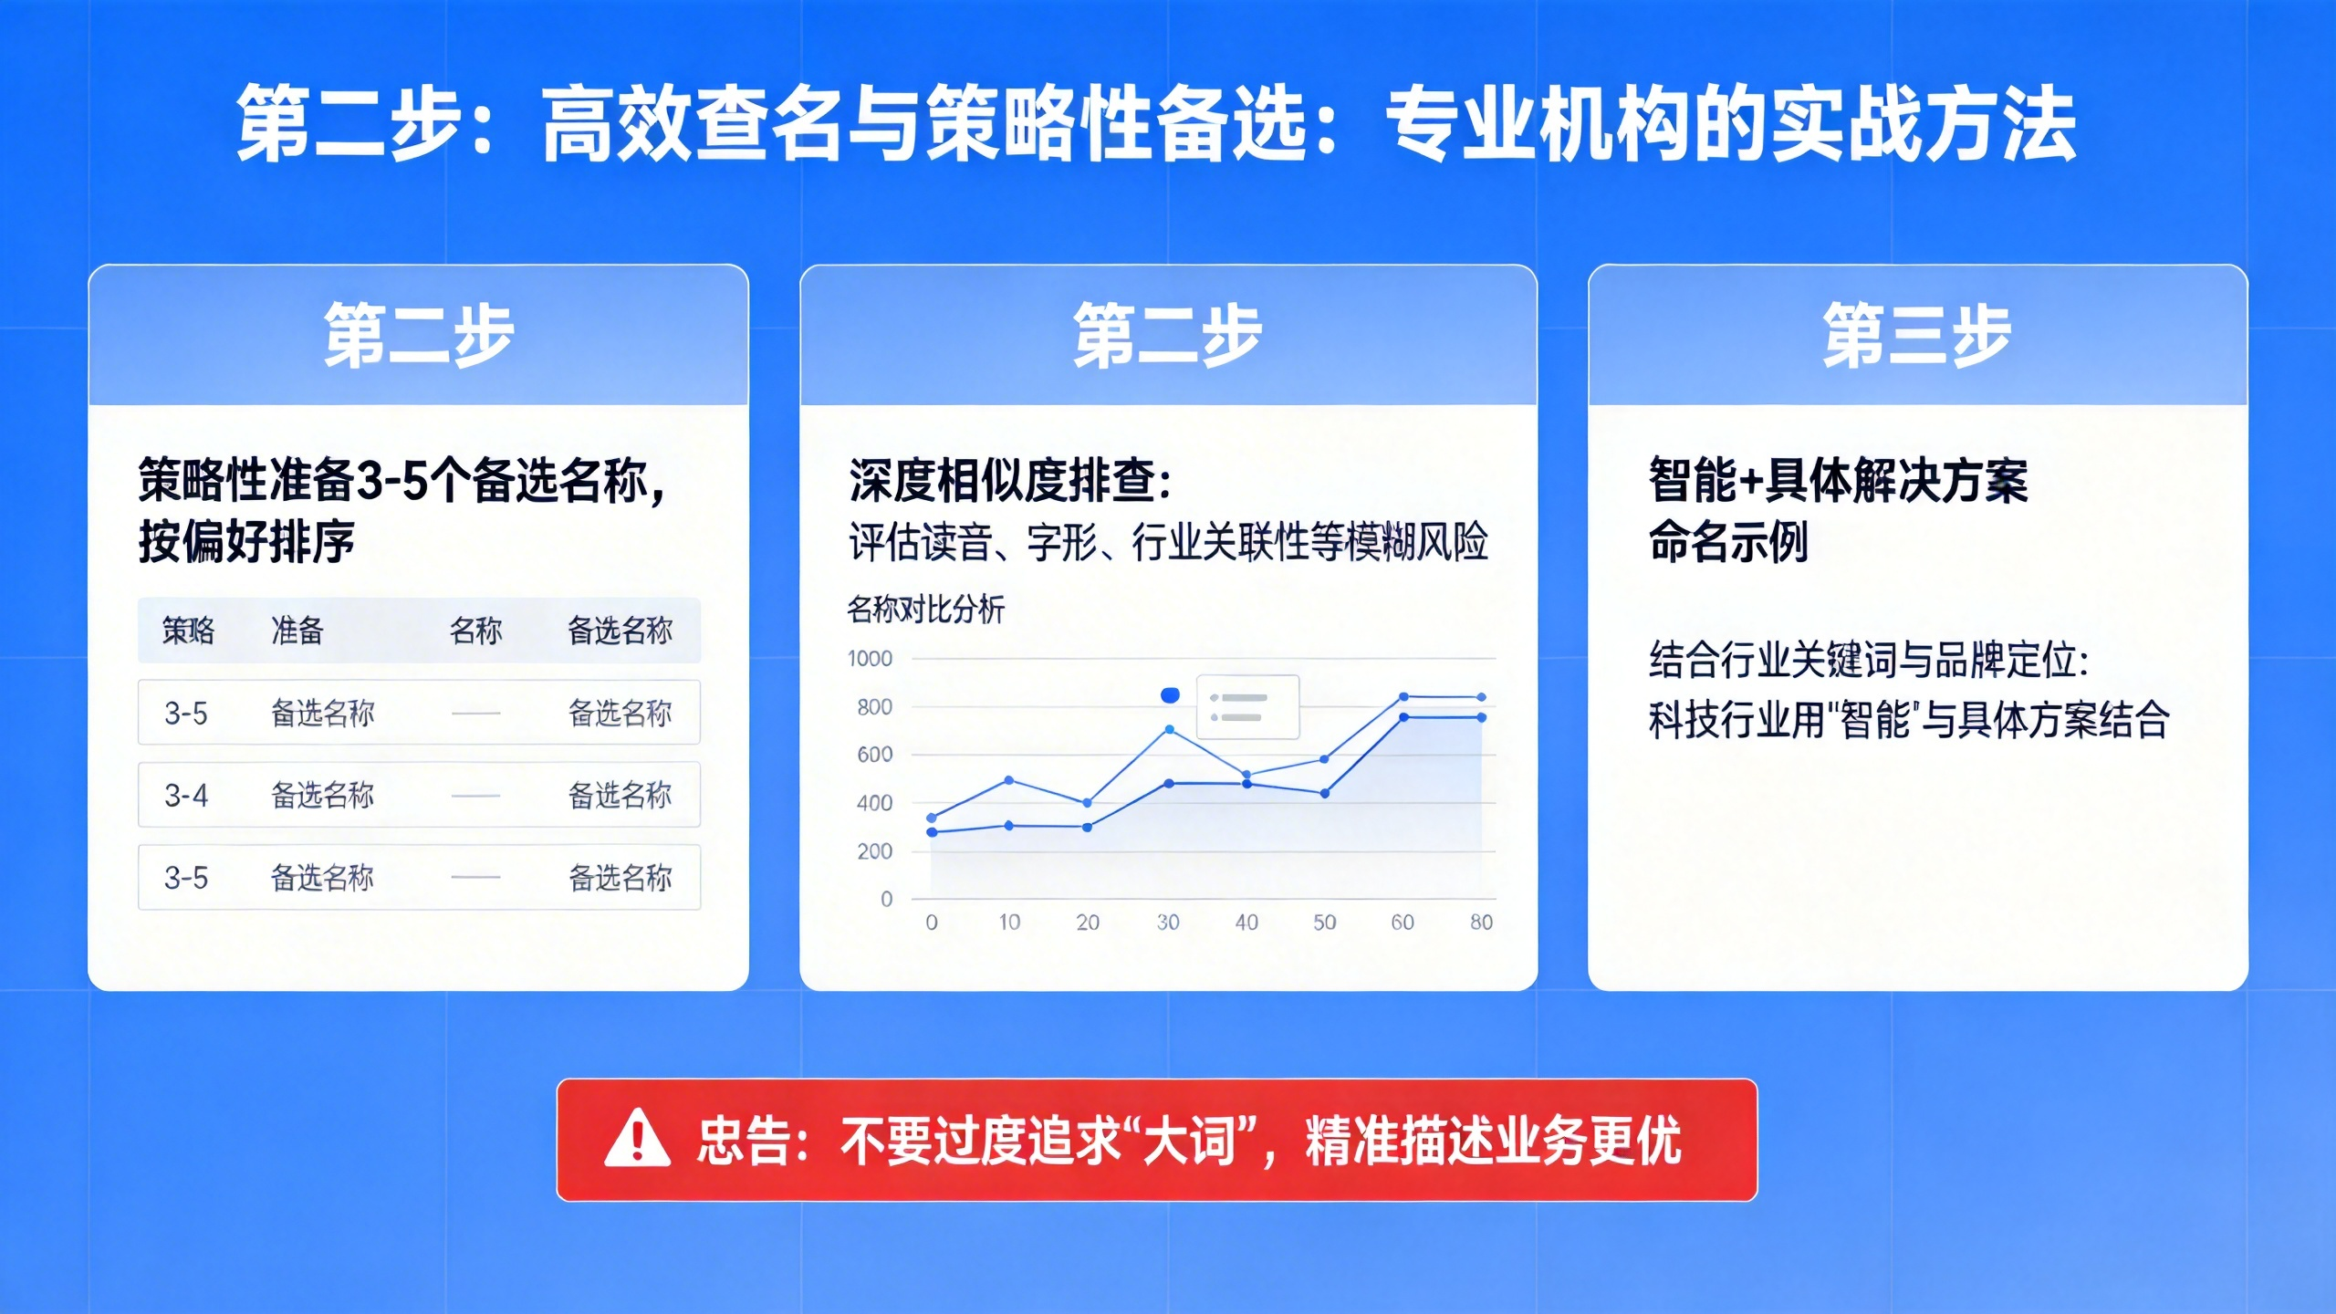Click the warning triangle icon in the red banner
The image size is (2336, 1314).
pos(637,1139)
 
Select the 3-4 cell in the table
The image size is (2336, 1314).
pos(186,796)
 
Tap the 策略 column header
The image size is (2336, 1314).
pos(188,631)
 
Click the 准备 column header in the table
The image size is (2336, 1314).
pos(297,631)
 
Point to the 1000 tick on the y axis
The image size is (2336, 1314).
pos(870,659)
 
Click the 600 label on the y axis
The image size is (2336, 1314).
pos(874,755)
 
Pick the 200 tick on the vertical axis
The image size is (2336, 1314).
pos(874,851)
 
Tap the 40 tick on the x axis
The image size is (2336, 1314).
pos(1246,923)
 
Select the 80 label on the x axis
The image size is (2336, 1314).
pos(1482,923)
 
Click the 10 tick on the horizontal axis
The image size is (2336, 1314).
pos(1009,923)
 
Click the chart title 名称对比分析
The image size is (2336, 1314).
pos(925,609)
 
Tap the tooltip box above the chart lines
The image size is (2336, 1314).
pos(1247,707)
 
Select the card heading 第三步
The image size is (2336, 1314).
pos(1917,336)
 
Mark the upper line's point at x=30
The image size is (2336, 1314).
pos(1169,730)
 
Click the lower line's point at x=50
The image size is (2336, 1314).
pos(1325,794)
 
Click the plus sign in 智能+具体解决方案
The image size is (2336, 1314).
pos(1751,481)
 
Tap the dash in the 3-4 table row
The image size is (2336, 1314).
pos(475,796)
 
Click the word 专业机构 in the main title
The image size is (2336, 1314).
pos(1540,124)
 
